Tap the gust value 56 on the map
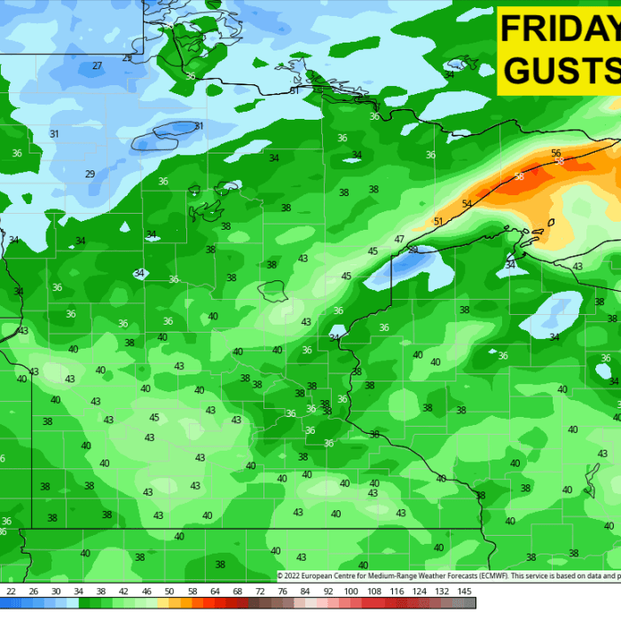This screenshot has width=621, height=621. (555, 153)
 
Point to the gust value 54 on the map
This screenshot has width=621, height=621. (467, 204)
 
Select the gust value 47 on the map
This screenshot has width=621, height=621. (399, 240)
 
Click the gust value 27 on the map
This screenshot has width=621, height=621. (98, 66)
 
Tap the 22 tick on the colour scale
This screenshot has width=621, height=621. (11, 591)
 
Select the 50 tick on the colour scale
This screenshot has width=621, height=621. (169, 591)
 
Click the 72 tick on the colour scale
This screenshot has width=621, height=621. (260, 591)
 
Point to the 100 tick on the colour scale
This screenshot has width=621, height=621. (351, 591)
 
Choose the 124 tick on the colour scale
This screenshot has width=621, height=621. (420, 591)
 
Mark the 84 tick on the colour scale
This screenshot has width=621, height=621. (305, 591)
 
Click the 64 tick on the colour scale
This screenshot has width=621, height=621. (215, 591)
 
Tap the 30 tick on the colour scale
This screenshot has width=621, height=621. (55, 591)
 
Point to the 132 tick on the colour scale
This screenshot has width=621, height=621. (443, 591)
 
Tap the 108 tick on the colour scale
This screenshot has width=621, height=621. (374, 591)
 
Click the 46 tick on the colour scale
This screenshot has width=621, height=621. (145, 591)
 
